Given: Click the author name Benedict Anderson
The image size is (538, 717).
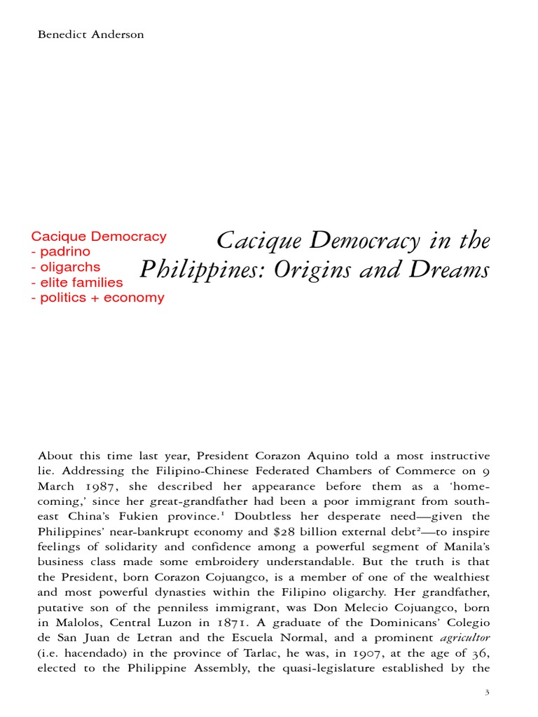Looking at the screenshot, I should [91, 34].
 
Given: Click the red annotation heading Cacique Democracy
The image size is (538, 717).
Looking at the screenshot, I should [99, 236].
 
